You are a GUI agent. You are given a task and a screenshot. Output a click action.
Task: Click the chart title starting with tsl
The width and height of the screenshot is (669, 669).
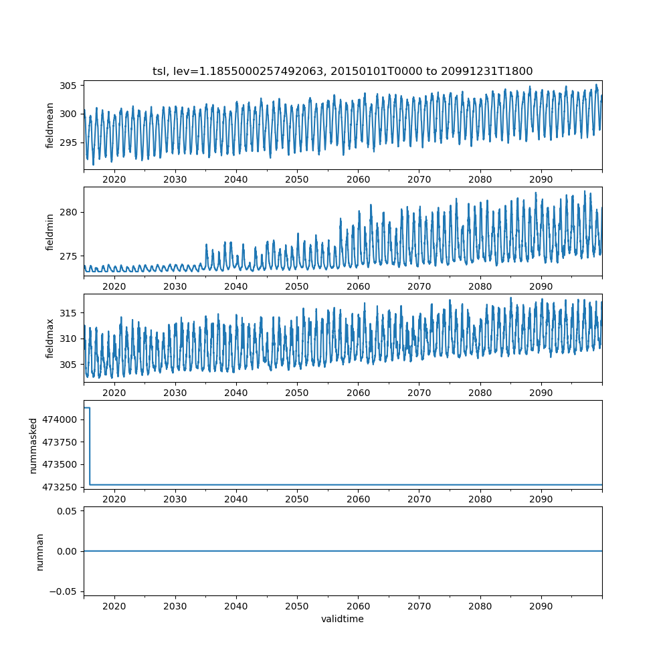(x=343, y=71)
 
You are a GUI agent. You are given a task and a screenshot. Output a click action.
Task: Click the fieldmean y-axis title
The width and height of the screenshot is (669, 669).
(x=50, y=125)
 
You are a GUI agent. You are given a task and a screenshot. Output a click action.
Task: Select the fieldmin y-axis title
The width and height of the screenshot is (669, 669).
(x=50, y=231)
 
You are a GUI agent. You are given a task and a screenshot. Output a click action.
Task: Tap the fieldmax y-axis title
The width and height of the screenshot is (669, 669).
(x=50, y=339)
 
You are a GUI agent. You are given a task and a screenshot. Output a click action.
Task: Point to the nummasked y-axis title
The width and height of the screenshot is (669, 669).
(x=33, y=445)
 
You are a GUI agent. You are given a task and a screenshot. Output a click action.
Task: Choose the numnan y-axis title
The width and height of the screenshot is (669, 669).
(x=39, y=551)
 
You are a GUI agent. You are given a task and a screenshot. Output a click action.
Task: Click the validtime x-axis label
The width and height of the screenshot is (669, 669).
(x=343, y=619)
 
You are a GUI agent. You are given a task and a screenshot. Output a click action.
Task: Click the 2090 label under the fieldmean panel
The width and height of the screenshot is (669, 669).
(x=541, y=179)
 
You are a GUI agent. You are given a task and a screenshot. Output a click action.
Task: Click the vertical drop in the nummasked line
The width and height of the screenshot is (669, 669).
(x=90, y=446)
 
